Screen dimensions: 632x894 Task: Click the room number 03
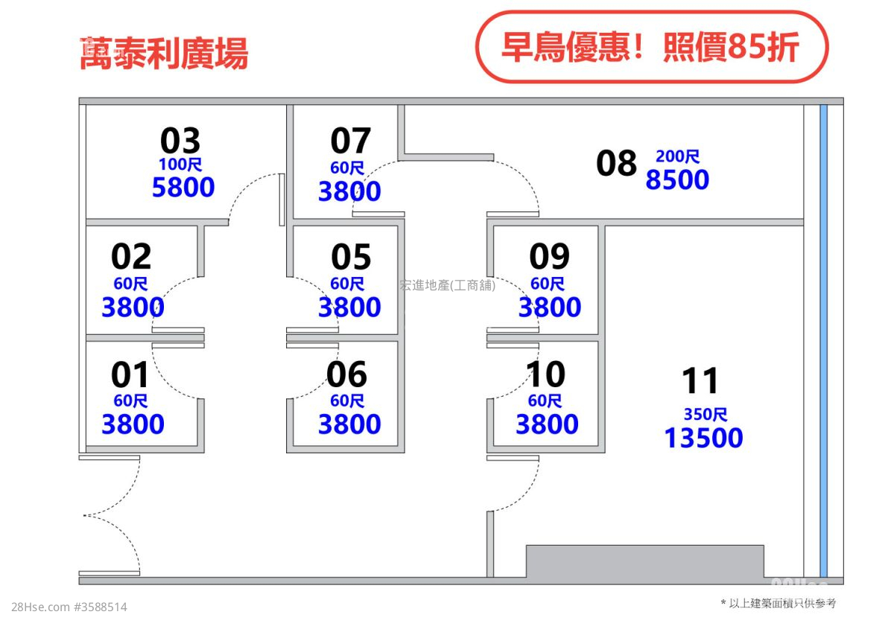click(x=180, y=141)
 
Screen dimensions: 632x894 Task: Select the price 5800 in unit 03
click(x=183, y=187)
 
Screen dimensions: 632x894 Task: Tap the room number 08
click(x=617, y=163)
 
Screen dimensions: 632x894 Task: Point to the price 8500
click(x=677, y=179)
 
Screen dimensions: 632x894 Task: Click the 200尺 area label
click(x=677, y=156)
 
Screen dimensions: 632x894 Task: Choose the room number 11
click(x=700, y=381)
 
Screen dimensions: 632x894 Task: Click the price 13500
click(x=703, y=438)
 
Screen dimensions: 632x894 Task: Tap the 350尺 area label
click(x=705, y=415)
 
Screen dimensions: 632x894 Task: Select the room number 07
click(x=350, y=141)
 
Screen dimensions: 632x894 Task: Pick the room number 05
click(x=350, y=257)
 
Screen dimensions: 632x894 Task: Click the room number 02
click(x=131, y=257)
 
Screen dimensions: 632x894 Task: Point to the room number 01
click(x=130, y=374)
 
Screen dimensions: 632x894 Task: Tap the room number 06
click(x=347, y=374)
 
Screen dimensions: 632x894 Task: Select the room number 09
click(x=549, y=257)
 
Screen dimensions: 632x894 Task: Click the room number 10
click(x=546, y=374)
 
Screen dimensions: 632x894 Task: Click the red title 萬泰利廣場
click(x=163, y=54)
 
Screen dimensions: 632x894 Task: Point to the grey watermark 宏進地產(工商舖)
click(x=447, y=285)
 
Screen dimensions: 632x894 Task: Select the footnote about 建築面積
click(x=779, y=603)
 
